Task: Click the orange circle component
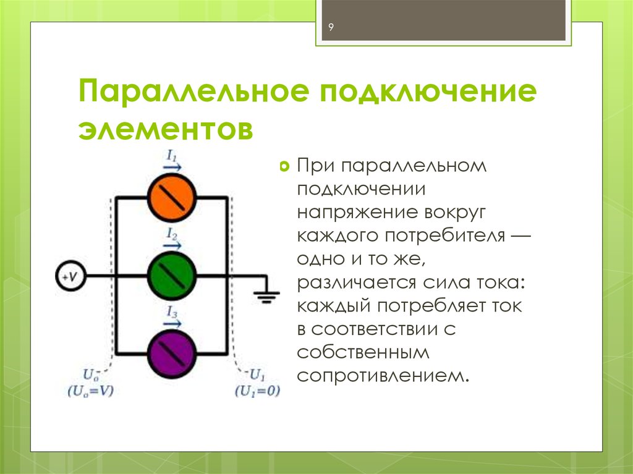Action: [172, 197]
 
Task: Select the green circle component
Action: [172, 276]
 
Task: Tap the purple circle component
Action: [172, 353]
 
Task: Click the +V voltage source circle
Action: [70, 276]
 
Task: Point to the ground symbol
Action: [266, 297]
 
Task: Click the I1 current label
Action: [172, 156]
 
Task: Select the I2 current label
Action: [172, 234]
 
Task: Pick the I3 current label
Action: [172, 312]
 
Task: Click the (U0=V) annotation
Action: [91, 391]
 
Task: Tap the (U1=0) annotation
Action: [258, 391]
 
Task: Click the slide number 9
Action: [331, 27]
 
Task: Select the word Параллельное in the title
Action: [194, 91]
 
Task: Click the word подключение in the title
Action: [428, 91]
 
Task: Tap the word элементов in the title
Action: [166, 129]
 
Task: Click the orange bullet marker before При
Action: [284, 166]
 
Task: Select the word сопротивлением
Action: [383, 376]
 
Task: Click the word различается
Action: [357, 283]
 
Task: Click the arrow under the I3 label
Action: [172, 323]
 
